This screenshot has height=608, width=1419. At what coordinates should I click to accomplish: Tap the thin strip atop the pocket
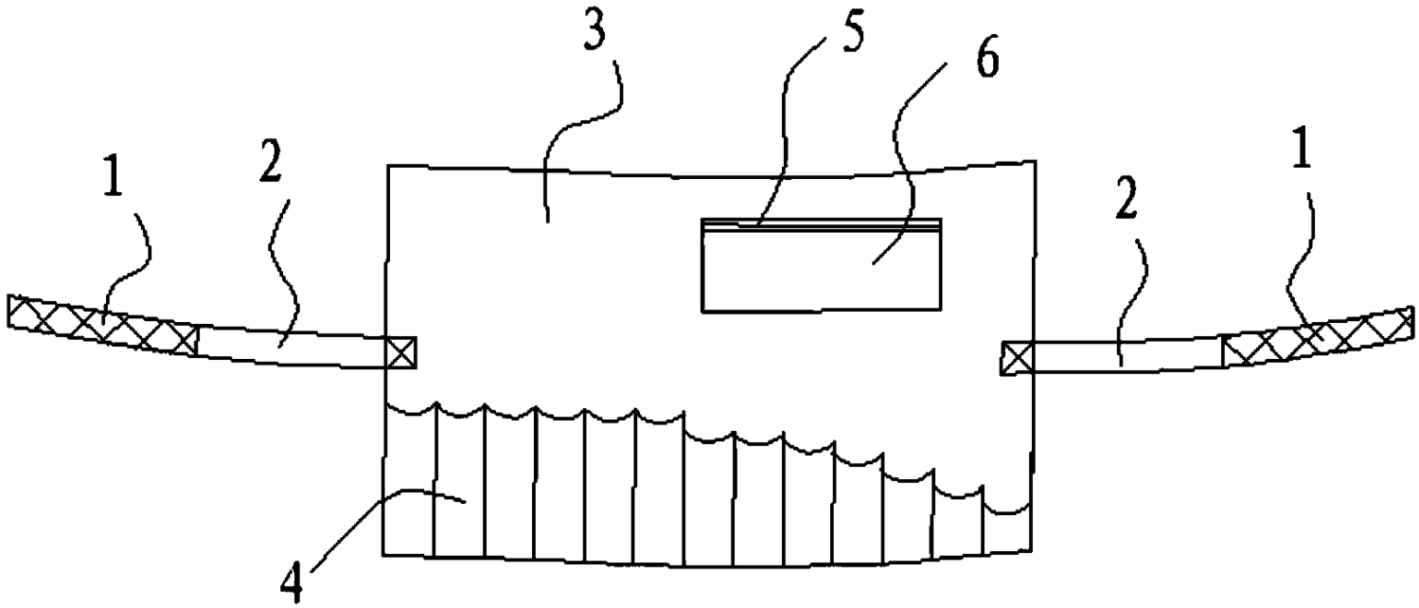pyautogui.click(x=822, y=223)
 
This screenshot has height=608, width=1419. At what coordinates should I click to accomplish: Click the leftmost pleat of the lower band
pyautogui.click(x=410, y=483)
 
